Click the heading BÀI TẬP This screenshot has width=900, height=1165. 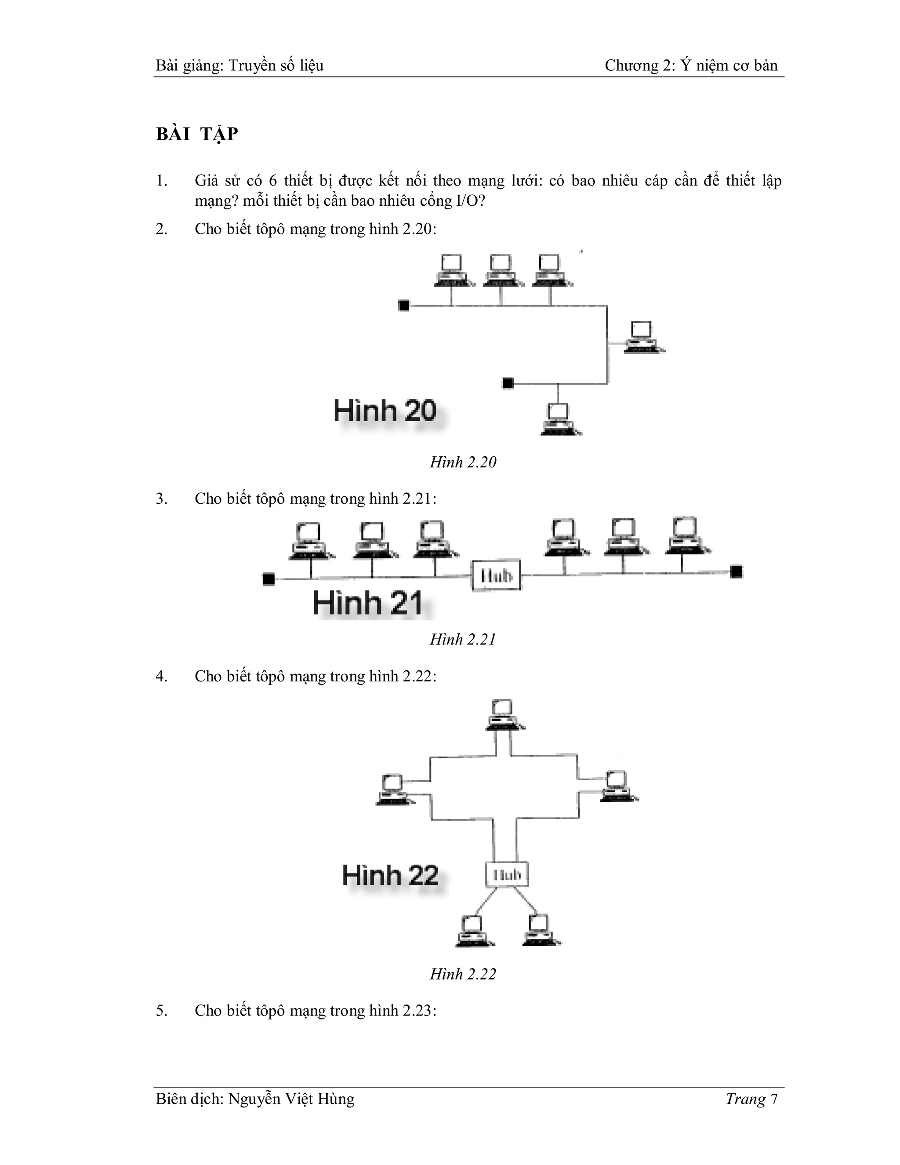[197, 134]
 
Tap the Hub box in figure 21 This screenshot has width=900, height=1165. [496, 575]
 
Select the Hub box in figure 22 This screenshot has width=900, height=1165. [507, 874]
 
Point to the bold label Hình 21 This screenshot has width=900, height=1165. [367, 603]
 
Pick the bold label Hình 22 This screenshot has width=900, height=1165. [390, 875]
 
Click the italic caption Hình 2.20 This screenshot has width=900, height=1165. [463, 462]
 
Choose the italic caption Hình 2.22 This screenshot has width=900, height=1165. [463, 974]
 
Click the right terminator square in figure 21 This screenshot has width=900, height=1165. [737, 572]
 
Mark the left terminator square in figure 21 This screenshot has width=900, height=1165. [269, 579]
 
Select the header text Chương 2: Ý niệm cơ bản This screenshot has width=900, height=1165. [691, 66]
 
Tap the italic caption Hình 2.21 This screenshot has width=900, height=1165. [463, 639]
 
